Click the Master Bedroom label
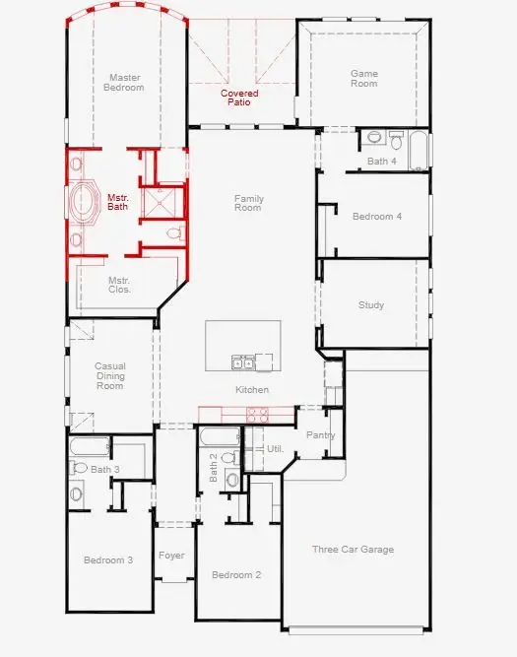[125, 82]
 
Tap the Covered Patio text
[239, 98]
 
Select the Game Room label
[364, 78]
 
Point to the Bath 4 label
[382, 161]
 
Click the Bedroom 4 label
[377, 217]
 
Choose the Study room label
[371, 305]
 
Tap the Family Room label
[248, 204]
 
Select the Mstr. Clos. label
[119, 286]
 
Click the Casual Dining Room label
[109, 376]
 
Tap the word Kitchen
[251, 390]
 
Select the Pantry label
[321, 435]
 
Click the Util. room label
[276, 449]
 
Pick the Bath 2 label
[214, 467]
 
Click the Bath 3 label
[105, 470]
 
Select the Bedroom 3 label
[108, 560]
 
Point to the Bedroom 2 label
[236, 575]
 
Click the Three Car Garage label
[353, 550]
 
